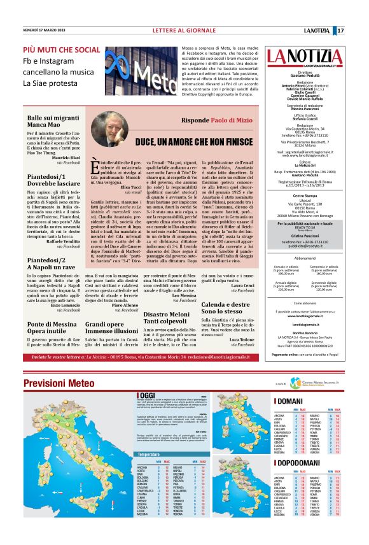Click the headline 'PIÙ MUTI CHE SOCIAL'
[x=62, y=50]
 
